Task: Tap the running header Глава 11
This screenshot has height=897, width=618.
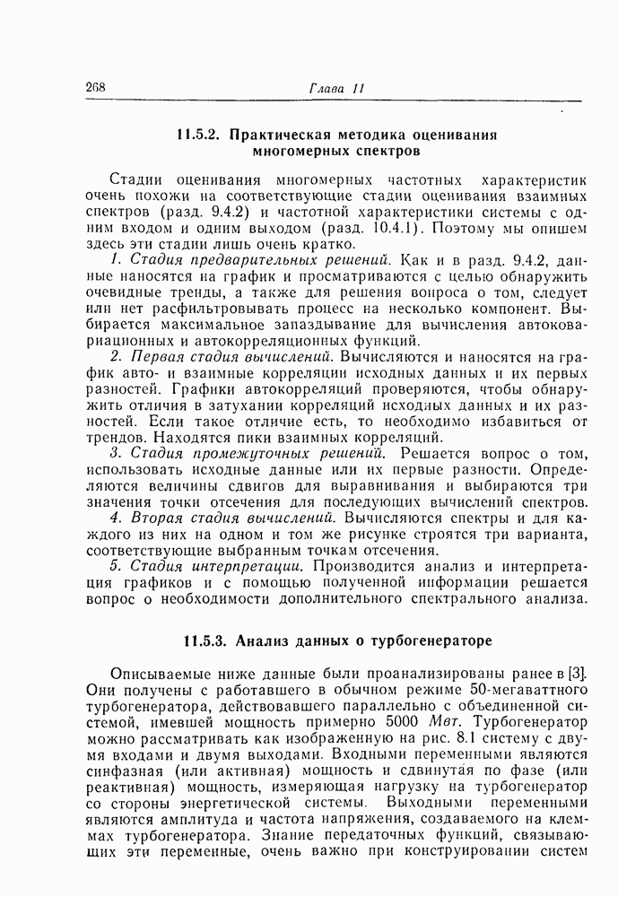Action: pyautogui.click(x=336, y=88)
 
